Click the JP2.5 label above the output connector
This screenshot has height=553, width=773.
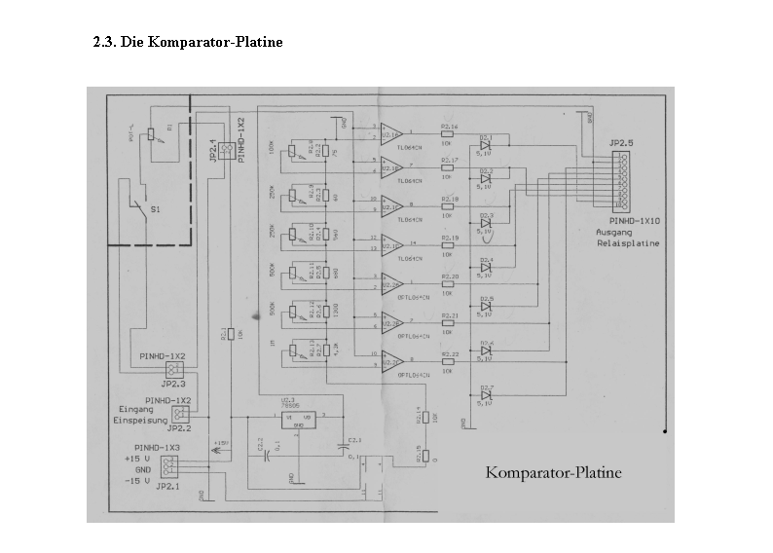click(x=621, y=142)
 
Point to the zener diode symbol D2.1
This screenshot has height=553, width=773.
click(x=486, y=145)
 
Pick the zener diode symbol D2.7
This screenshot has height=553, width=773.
click(x=486, y=395)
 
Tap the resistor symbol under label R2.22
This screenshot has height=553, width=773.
click(x=448, y=361)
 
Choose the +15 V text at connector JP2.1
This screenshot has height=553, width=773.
click(x=139, y=457)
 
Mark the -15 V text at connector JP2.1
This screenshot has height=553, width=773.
click(x=139, y=481)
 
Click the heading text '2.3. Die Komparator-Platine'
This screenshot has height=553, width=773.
click(x=188, y=42)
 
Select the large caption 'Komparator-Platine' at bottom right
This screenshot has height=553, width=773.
click(x=553, y=473)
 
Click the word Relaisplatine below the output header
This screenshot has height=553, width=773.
click(x=628, y=243)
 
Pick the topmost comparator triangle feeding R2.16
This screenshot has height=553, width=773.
click(x=391, y=132)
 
